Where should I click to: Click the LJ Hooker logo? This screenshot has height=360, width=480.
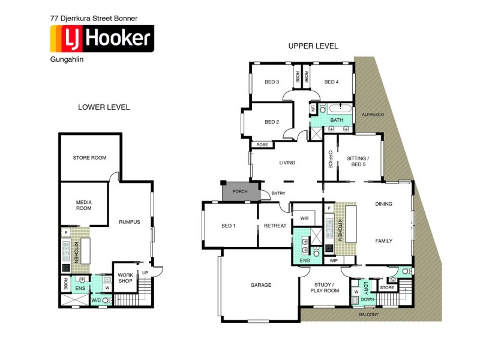point(101,39)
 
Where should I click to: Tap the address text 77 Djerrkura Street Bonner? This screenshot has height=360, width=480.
point(94,19)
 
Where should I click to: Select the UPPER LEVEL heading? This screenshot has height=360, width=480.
point(313,46)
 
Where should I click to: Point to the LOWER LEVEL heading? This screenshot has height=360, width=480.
point(104,107)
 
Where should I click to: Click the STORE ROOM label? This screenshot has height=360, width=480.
point(89,158)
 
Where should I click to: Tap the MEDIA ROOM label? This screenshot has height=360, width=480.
point(83,205)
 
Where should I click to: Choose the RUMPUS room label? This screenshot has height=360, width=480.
point(129,222)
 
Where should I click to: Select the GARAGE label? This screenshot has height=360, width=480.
point(261,285)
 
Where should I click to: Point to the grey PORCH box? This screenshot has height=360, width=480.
point(241,192)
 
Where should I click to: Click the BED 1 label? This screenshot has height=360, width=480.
point(229,226)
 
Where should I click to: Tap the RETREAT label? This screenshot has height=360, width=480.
point(275,226)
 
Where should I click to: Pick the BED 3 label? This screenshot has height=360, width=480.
point(272,82)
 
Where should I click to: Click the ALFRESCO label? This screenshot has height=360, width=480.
point(372,114)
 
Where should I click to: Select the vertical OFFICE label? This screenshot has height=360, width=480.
point(330,158)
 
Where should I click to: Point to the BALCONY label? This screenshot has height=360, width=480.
point(369,314)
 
